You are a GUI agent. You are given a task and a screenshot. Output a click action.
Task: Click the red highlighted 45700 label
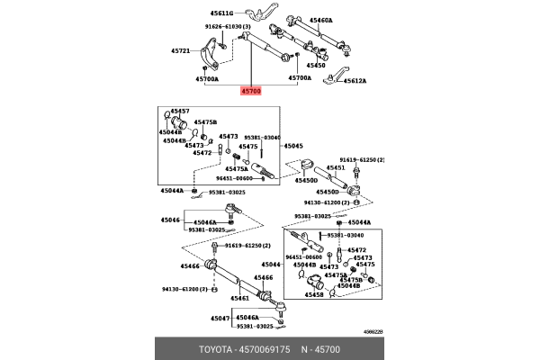pyautogui.click(x=252, y=92)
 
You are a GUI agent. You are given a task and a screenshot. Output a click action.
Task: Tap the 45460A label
pyautogui.click(x=319, y=19)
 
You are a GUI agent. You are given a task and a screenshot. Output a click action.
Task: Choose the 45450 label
pyautogui.click(x=316, y=66)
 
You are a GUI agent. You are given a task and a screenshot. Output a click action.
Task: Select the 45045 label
pyautogui.click(x=295, y=146)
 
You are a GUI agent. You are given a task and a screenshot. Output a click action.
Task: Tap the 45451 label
pyautogui.click(x=335, y=167)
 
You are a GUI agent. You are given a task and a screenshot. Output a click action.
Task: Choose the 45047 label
pyautogui.click(x=220, y=319)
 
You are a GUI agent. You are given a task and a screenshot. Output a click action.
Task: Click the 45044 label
pyautogui.click(x=271, y=264)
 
